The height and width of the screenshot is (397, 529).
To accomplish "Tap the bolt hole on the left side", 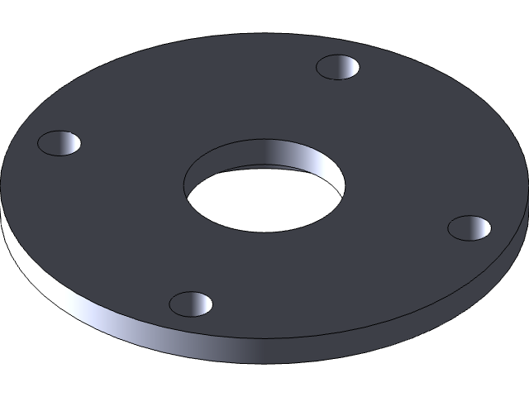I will (x=60, y=143).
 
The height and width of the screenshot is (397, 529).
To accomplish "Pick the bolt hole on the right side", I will (x=469, y=227).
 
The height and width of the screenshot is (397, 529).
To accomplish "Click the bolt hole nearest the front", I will (x=191, y=304).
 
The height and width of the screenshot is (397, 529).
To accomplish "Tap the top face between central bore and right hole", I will (x=405, y=207).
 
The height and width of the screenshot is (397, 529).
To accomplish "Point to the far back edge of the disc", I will (x=273, y=35).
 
